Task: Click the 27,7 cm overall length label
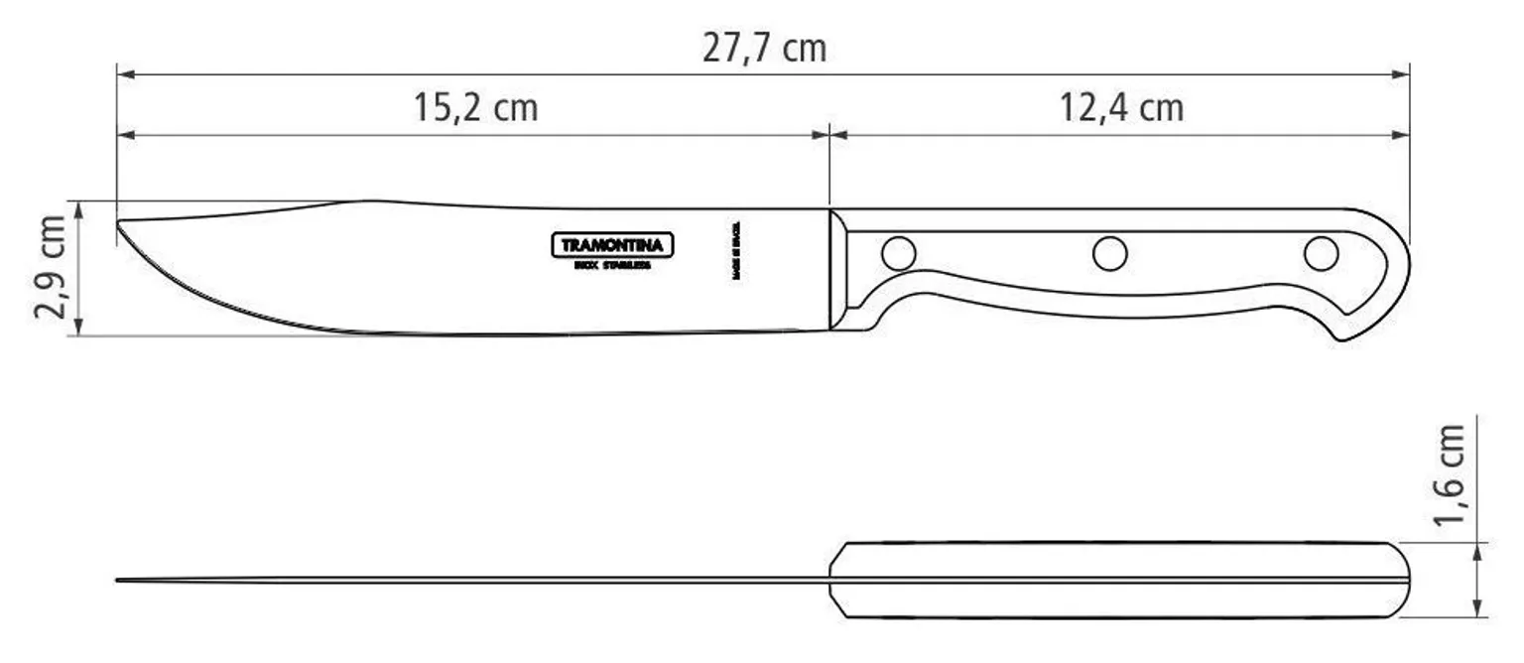point(763,48)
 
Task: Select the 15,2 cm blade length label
point(475,107)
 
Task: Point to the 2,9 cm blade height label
point(53,266)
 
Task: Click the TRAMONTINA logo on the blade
point(612,245)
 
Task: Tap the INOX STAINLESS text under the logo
point(612,266)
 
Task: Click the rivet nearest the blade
point(898,254)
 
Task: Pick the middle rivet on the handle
point(1109,254)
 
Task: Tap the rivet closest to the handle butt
point(1321,254)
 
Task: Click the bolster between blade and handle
point(840,268)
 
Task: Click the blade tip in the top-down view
point(120,580)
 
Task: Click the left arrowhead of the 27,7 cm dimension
point(123,73)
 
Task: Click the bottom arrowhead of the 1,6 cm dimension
point(1478,611)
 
